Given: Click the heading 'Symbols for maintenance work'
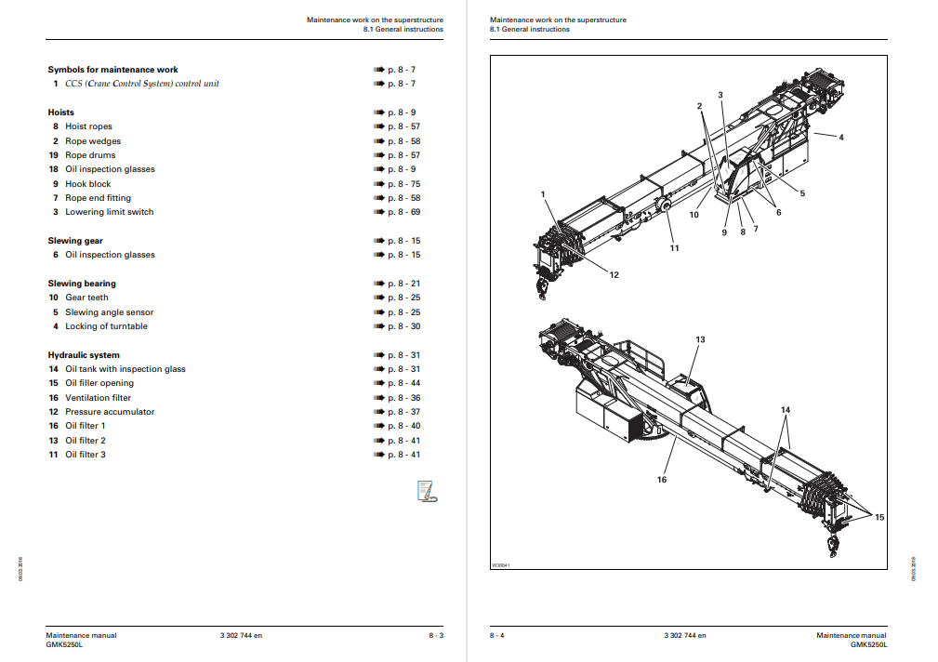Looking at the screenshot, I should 112,70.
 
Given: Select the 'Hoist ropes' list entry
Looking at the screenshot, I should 88,126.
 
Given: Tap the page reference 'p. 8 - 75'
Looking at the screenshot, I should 403,184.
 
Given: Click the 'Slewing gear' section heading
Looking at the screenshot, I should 75,241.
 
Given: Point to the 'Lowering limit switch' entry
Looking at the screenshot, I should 109,212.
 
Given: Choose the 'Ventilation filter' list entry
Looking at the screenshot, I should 98,398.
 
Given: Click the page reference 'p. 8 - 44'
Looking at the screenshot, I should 403,383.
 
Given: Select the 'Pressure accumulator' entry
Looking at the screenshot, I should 110,412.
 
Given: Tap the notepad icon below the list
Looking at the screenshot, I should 427,491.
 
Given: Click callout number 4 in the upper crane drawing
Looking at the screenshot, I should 840,138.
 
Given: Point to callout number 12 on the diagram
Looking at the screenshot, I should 614,274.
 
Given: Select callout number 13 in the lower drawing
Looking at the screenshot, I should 700,340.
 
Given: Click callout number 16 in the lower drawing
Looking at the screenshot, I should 662,480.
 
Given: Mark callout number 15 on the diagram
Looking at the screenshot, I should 879,517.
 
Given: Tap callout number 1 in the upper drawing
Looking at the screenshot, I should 543,193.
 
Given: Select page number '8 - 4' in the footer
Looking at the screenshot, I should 497,635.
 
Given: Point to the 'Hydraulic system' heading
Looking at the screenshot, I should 84,355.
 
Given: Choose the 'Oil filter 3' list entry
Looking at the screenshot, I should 85,455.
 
